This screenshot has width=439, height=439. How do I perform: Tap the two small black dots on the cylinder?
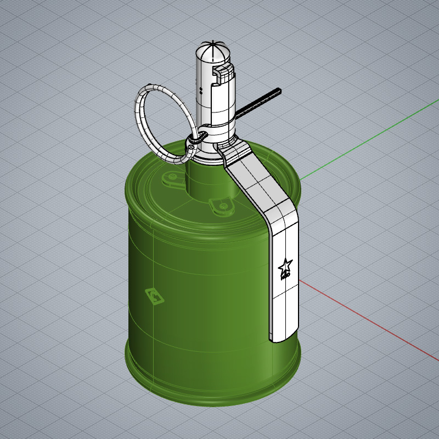coord(201,90)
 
